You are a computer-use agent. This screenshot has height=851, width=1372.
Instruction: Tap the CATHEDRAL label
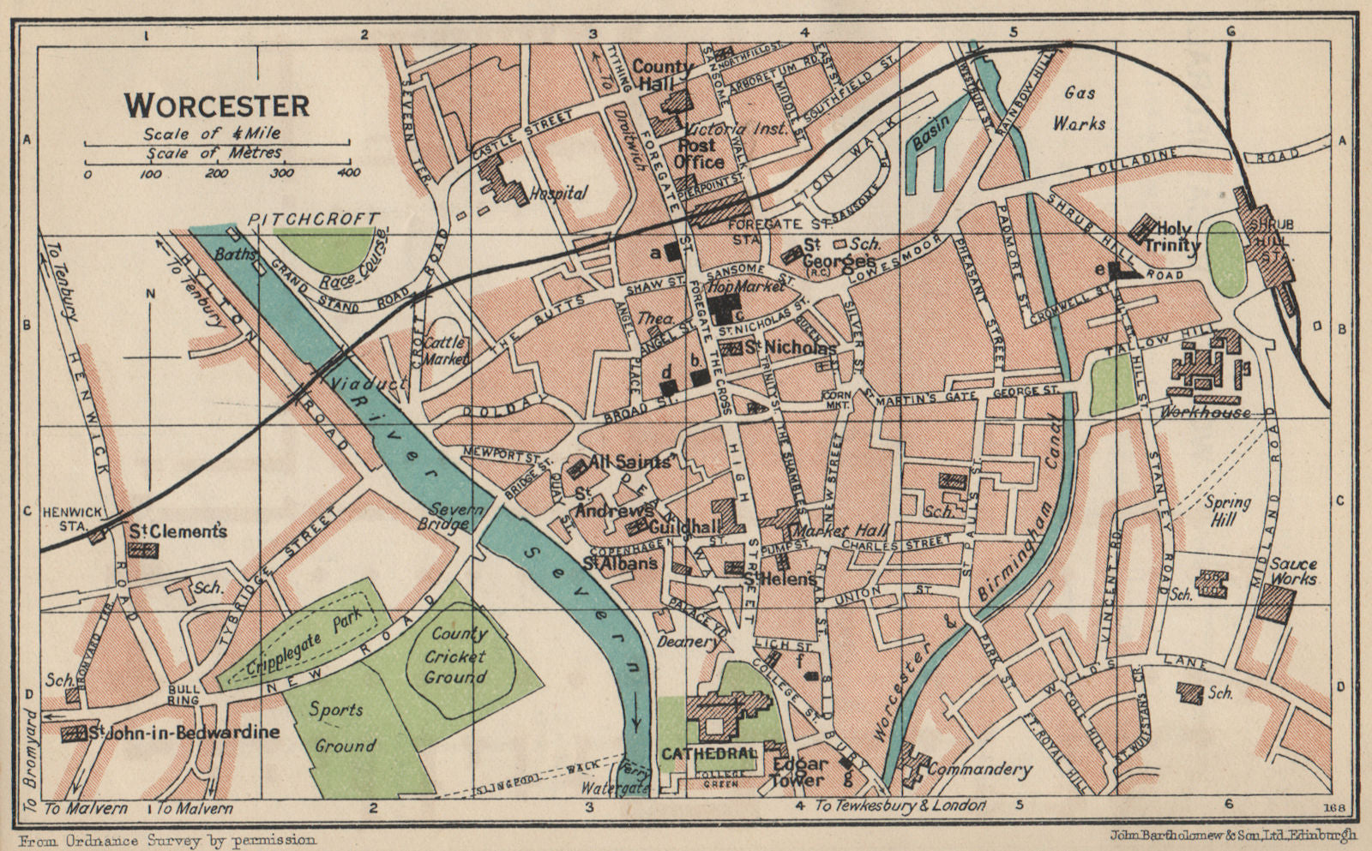(709, 753)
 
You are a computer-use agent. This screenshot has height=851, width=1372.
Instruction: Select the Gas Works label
(1079, 108)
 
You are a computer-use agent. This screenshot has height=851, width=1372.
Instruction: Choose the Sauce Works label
(1293, 572)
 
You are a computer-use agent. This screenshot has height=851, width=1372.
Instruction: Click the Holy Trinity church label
(1176, 237)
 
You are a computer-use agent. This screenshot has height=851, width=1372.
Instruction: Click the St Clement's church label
(178, 531)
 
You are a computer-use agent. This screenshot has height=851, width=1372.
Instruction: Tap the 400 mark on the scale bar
(348, 174)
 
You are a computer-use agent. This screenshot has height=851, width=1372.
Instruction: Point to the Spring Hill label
(1228, 511)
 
